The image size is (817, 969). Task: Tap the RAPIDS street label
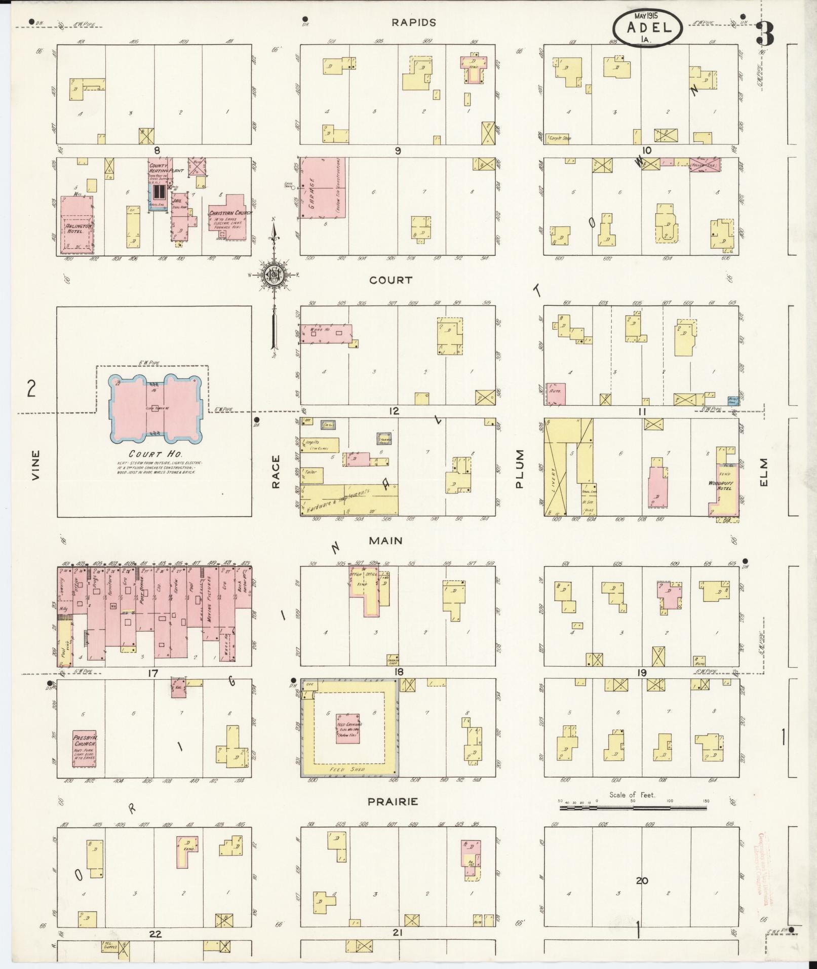pos(413,22)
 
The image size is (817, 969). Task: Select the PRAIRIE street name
pos(393,801)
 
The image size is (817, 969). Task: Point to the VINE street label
pos(35,465)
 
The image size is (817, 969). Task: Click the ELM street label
pos(764,472)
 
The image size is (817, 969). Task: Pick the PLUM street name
pos(520,469)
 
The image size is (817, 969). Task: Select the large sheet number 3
pos(765,34)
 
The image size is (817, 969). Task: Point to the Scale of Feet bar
pos(633,808)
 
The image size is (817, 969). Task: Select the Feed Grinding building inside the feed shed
pos(349,729)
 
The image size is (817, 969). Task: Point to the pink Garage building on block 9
pos(323,187)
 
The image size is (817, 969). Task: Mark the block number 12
pos(394,411)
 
